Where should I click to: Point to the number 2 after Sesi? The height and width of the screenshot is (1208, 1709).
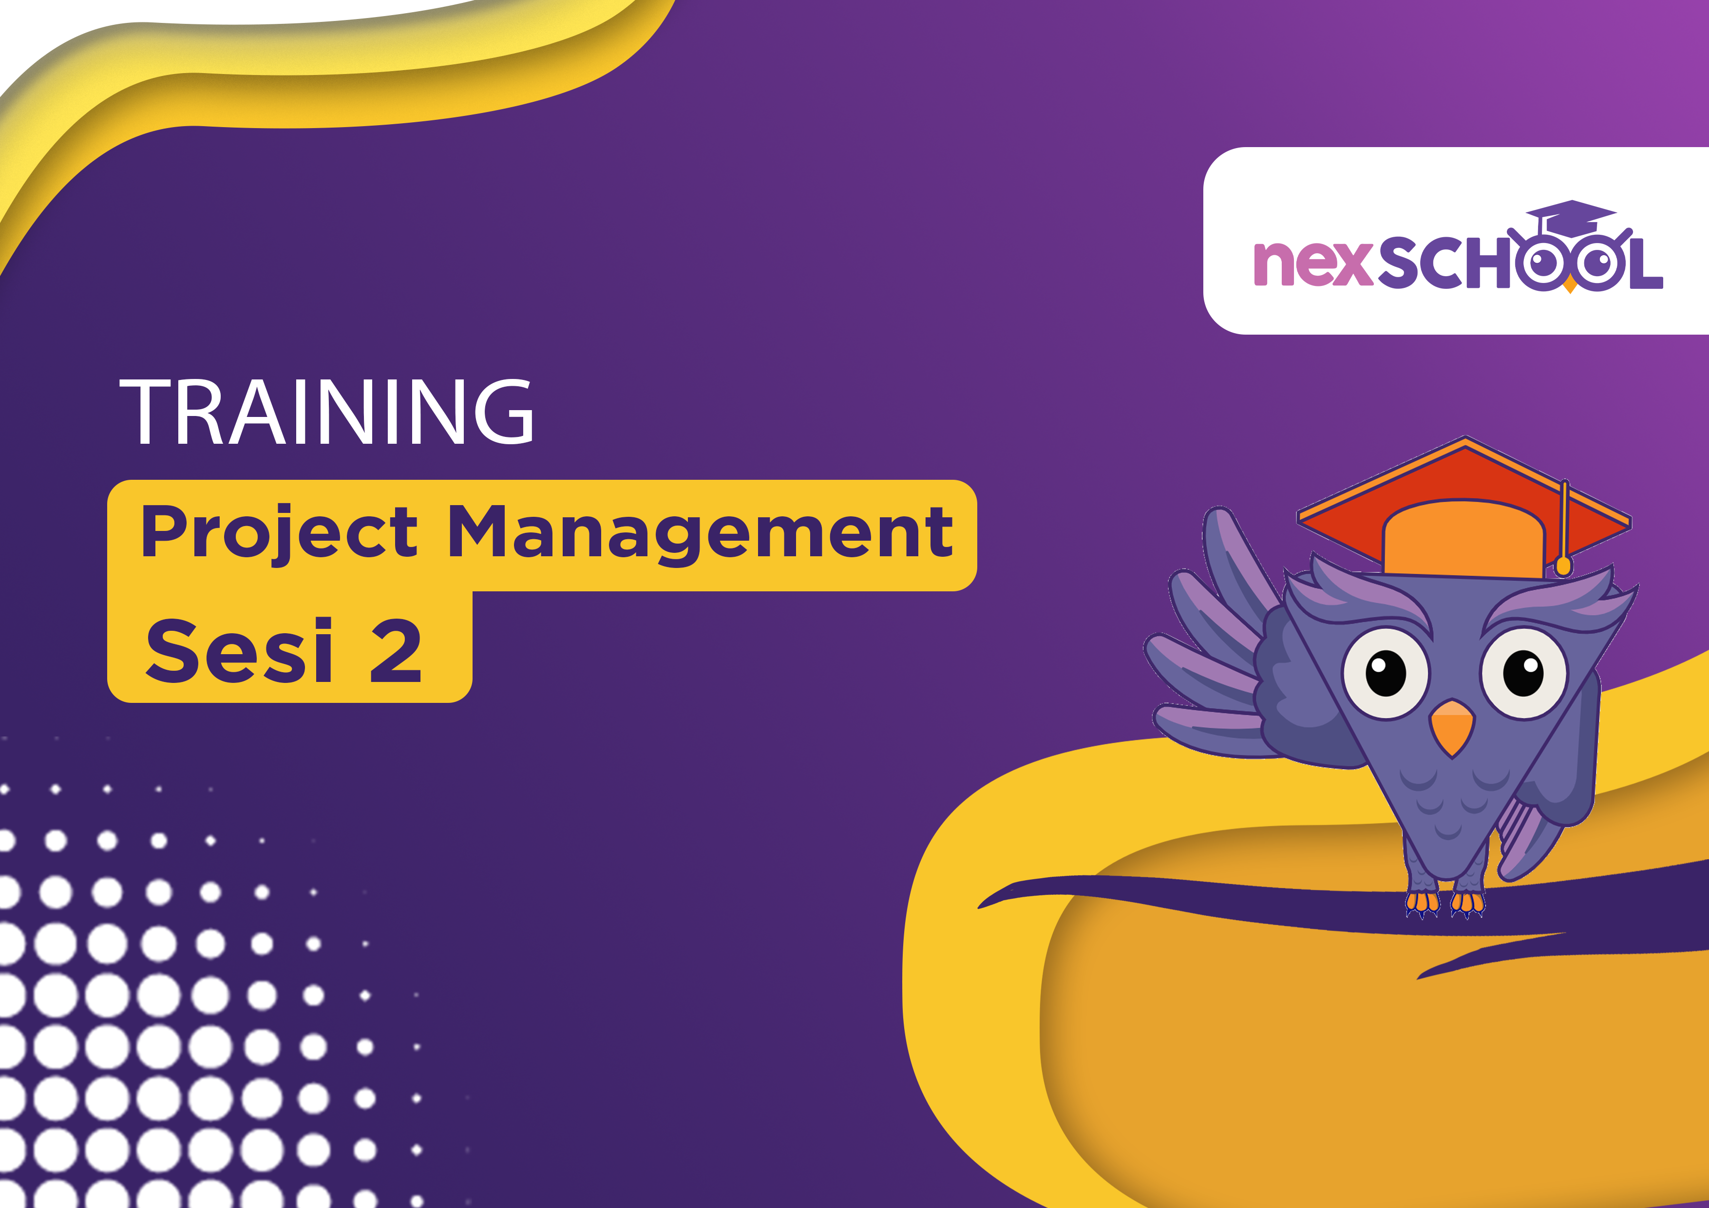pyautogui.click(x=395, y=651)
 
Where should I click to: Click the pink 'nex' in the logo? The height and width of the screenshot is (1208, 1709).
pyautogui.click(x=1312, y=264)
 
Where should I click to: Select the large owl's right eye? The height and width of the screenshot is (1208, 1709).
pyautogui.click(x=1524, y=673)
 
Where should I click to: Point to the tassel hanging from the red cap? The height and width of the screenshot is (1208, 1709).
pyautogui.click(x=1564, y=528)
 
